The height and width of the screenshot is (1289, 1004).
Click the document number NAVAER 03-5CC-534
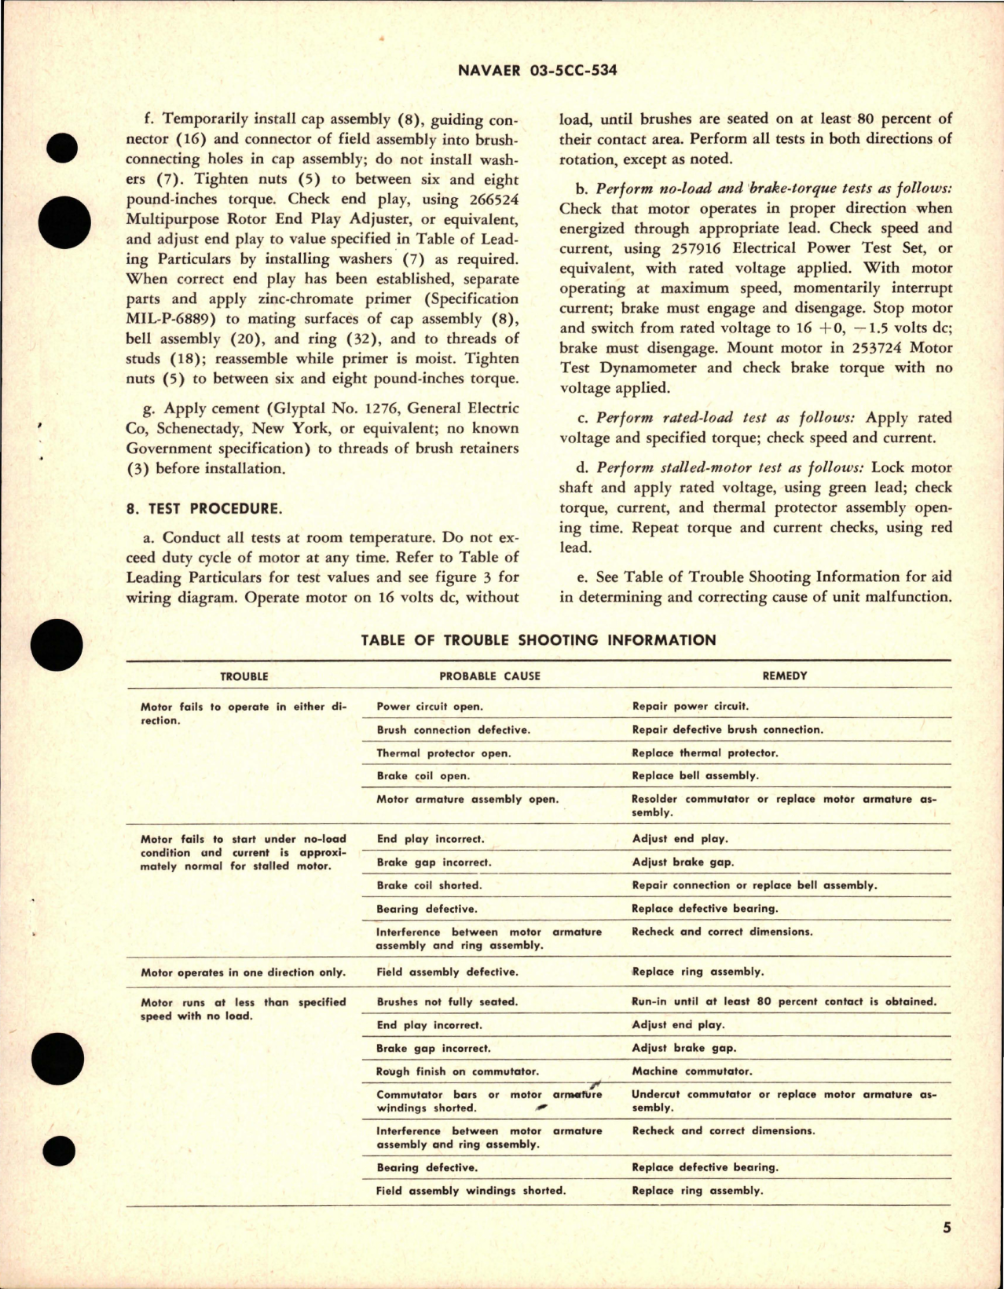(x=537, y=70)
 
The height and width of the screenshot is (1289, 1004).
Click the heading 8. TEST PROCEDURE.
(x=203, y=508)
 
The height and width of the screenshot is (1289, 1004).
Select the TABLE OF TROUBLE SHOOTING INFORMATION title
(x=538, y=640)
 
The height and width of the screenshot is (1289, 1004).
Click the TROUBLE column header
(x=244, y=676)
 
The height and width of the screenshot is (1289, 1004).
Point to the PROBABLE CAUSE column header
(x=489, y=676)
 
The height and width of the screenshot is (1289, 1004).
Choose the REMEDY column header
(x=784, y=676)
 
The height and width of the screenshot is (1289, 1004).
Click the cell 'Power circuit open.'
(x=430, y=706)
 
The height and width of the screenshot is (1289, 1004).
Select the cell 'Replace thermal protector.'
(x=705, y=753)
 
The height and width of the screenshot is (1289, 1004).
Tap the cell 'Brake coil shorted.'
(x=429, y=885)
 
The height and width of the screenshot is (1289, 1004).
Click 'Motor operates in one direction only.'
(x=243, y=972)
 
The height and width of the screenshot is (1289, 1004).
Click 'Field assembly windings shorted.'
(x=471, y=1190)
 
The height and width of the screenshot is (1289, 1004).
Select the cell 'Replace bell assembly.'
(x=695, y=775)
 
